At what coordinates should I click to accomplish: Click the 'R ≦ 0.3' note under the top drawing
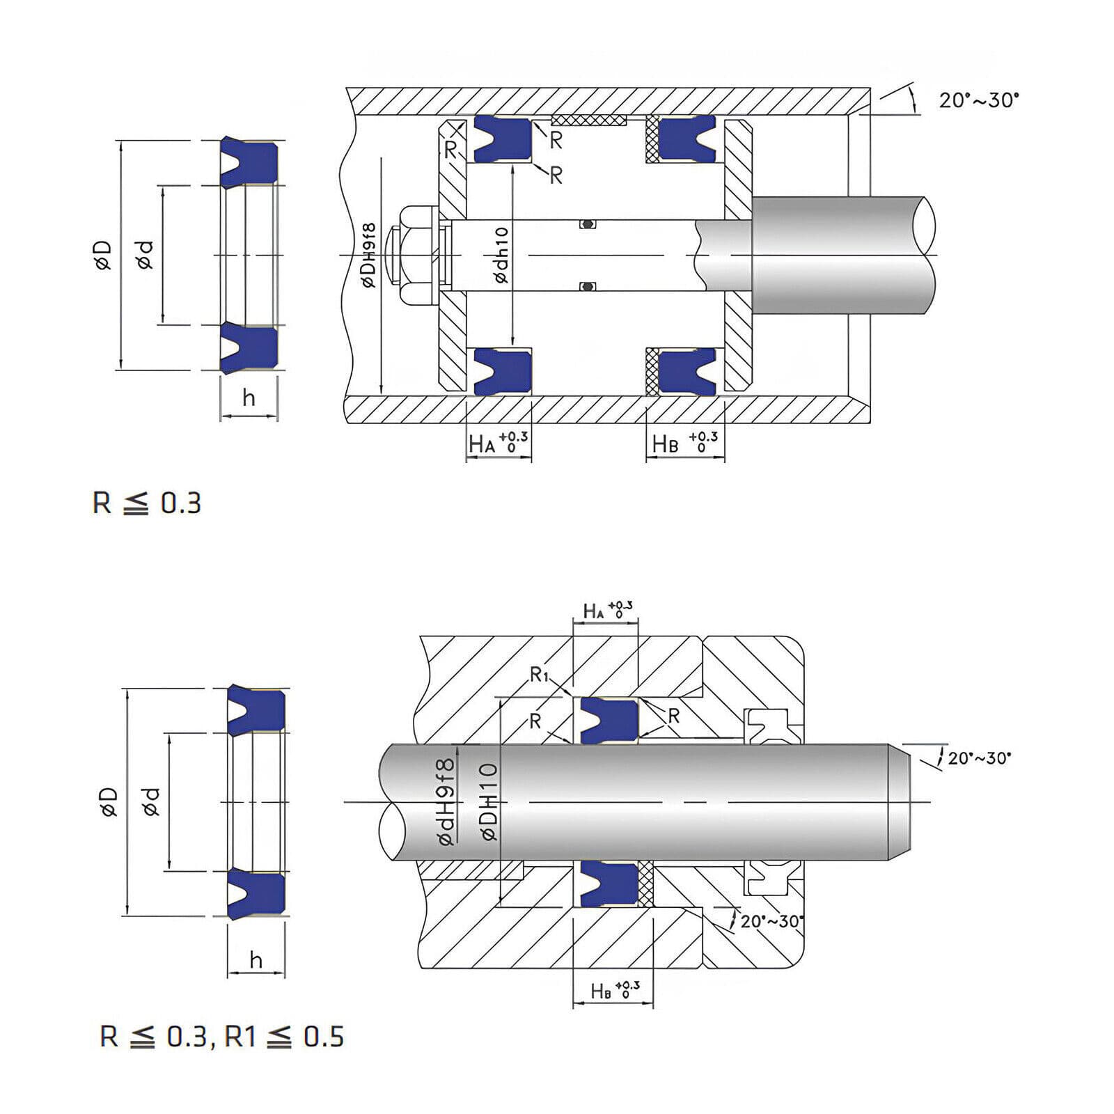147,503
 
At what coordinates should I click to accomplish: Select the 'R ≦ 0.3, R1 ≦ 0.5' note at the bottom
222,1037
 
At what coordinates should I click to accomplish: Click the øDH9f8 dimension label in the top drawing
368,255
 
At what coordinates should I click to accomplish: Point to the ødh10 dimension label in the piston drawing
501,255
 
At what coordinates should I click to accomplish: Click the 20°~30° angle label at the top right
978,100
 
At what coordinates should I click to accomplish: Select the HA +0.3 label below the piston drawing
498,442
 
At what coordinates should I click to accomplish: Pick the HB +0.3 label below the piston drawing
684,442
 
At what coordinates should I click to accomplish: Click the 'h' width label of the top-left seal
249,398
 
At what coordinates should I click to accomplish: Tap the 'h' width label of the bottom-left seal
256,961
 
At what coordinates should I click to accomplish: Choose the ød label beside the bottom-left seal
152,801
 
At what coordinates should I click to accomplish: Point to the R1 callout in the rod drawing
540,674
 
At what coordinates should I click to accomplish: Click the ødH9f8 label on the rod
446,802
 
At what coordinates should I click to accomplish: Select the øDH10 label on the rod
489,802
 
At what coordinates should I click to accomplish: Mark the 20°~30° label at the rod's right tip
979,758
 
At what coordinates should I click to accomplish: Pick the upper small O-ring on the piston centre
588,224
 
